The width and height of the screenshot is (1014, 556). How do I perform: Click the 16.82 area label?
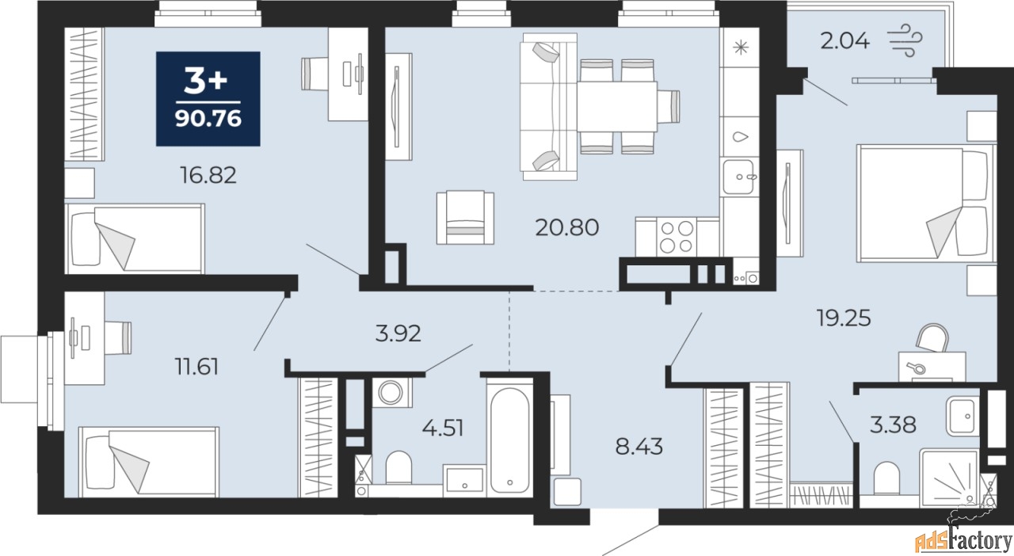pos(208,175)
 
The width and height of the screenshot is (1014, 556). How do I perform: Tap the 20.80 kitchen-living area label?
pos(566,227)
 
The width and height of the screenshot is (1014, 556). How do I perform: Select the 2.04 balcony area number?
pos(844,41)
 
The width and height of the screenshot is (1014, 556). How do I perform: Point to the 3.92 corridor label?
pos(398,333)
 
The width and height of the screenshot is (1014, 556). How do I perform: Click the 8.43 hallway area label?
pos(639,447)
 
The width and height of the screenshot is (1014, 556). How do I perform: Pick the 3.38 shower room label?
pos(893,425)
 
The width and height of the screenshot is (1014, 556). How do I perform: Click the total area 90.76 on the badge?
pos(208,119)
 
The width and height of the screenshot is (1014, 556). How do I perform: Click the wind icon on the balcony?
pos(905,40)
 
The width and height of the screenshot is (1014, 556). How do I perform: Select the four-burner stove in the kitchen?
pos(677,237)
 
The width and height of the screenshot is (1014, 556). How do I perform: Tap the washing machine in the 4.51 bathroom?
pos(391,392)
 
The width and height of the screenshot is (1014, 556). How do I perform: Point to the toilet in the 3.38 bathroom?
pos(886,478)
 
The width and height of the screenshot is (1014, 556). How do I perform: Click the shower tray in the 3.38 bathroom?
pos(949,478)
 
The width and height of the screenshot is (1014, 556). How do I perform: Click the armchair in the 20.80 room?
pos(465,218)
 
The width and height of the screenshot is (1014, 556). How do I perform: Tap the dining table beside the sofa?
pos(617,107)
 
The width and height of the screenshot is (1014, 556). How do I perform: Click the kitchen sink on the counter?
pos(738,177)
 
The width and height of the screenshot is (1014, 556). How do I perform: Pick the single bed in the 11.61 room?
pos(148,462)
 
